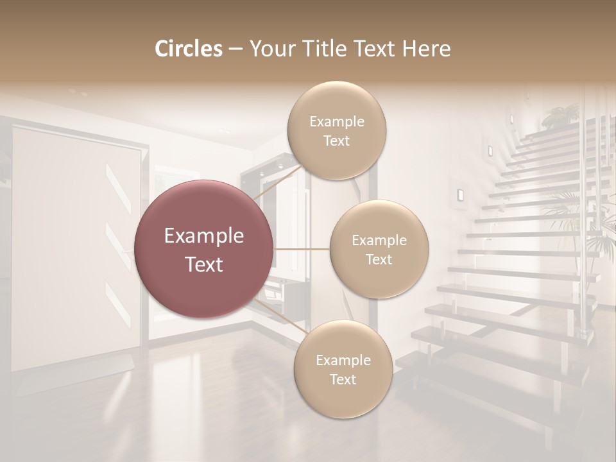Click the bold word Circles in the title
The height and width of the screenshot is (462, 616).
189,49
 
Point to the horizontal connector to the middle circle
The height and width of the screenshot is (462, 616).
301,249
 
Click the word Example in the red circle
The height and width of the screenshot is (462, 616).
204,236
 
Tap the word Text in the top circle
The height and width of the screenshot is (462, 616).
336,141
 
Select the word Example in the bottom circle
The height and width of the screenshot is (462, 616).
343,360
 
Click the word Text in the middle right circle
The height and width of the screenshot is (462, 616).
379,260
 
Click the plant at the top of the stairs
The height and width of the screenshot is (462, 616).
560,116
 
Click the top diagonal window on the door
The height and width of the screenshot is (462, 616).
119,189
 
